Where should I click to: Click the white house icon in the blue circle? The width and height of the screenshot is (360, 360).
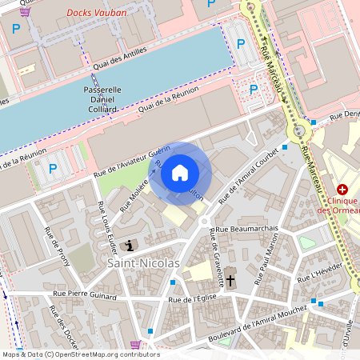[x=180, y=171]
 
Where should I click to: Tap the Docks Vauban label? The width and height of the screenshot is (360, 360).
[x=90, y=13]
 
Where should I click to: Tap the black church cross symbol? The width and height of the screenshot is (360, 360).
[x=231, y=281]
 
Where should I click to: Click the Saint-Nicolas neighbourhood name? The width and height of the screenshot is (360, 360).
[x=145, y=262]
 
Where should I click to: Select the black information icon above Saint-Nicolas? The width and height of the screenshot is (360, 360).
[x=131, y=244]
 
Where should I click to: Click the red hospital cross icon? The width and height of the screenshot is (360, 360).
[x=342, y=189]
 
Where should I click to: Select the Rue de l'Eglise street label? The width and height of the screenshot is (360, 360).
[x=193, y=299]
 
